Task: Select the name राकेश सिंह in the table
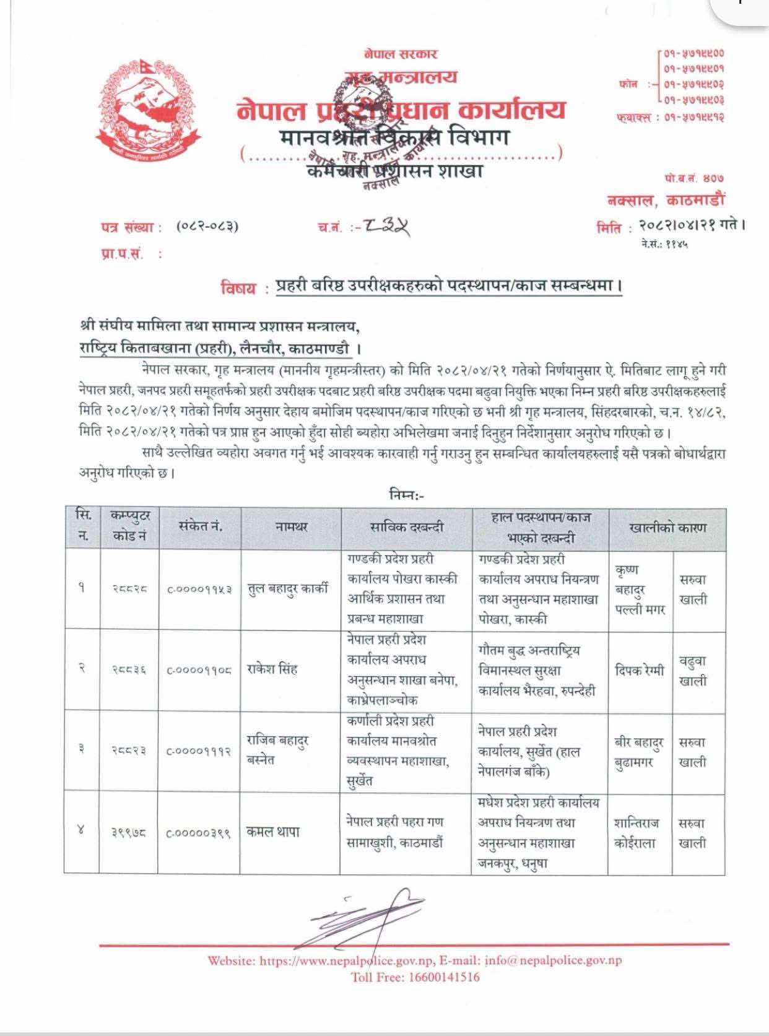click(272, 669)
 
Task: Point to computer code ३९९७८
click(129, 833)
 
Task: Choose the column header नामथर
click(291, 528)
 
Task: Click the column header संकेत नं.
click(200, 527)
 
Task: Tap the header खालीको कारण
click(667, 528)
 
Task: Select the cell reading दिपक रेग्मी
click(640, 670)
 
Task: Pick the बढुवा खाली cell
click(693, 671)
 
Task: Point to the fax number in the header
click(693, 117)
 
